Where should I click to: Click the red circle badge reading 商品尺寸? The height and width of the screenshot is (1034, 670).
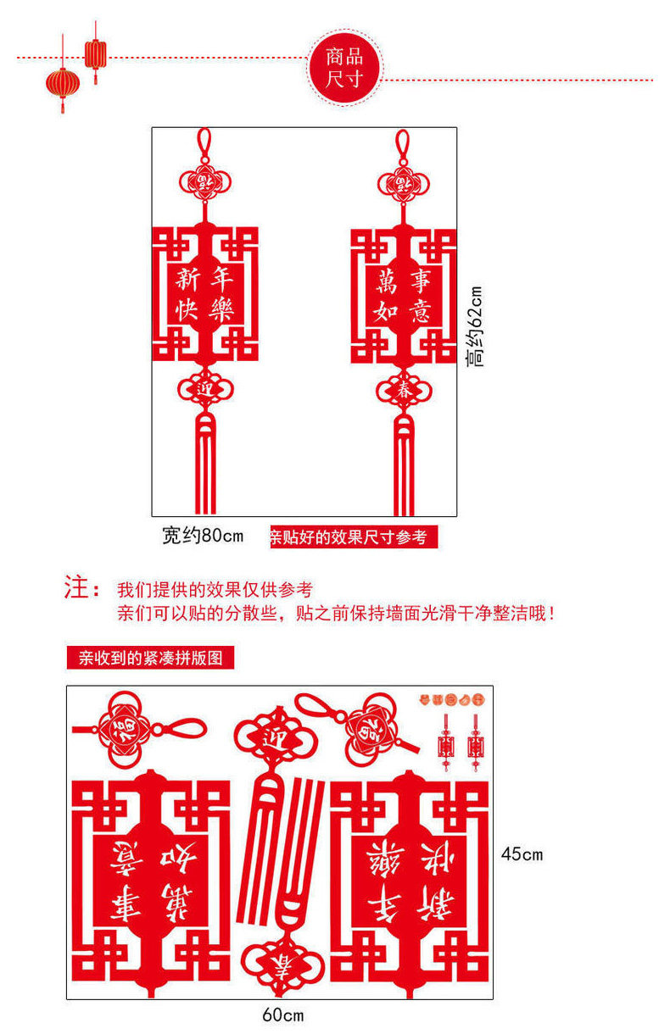pyautogui.click(x=345, y=68)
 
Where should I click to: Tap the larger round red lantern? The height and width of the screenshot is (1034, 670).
pyautogui.click(x=63, y=84)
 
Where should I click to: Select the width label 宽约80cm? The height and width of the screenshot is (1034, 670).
pyautogui.click(x=203, y=536)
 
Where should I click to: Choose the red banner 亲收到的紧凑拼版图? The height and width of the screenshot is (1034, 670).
pyautogui.click(x=150, y=658)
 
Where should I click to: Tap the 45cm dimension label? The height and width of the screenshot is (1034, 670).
pyautogui.click(x=521, y=854)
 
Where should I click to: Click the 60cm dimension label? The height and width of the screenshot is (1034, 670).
pyautogui.click(x=282, y=1015)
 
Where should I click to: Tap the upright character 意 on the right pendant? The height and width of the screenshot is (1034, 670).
pyautogui.click(x=420, y=312)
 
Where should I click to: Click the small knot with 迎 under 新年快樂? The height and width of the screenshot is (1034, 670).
pyautogui.click(x=204, y=390)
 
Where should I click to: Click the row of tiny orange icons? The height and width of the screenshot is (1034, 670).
pyautogui.click(x=450, y=699)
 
